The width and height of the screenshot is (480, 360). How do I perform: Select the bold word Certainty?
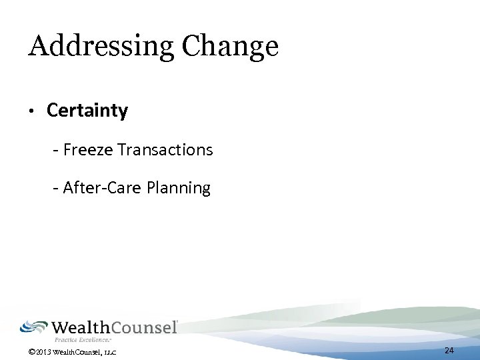[x=87, y=111]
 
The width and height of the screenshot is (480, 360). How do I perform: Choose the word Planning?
[x=179, y=189]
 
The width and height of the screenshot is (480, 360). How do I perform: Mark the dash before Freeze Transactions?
[x=56, y=151]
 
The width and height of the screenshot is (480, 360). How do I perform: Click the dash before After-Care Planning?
[x=56, y=189]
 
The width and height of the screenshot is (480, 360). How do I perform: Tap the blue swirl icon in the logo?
[x=33, y=327]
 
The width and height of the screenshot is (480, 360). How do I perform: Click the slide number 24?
[x=449, y=351]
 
